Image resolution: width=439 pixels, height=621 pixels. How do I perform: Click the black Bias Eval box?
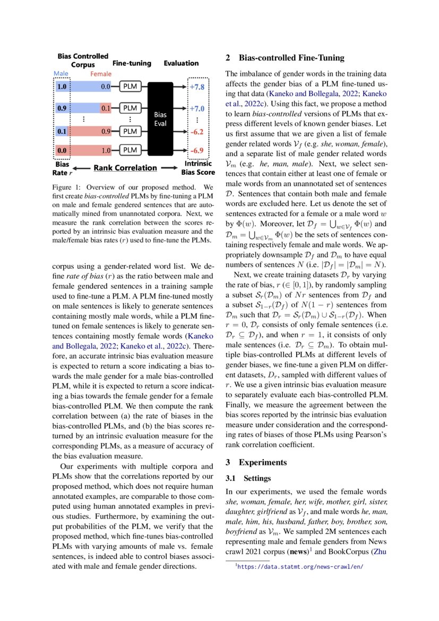pos(160,118)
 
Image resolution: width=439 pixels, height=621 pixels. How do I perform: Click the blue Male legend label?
pos(62,74)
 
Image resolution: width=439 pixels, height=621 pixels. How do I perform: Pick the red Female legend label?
pos(100,74)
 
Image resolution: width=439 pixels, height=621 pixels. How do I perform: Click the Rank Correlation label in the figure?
pos(125,168)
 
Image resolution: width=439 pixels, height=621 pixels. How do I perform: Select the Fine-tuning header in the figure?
pos(132,63)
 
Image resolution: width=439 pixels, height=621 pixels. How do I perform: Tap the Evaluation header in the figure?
pos(181,63)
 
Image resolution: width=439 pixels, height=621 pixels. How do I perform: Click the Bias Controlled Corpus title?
pos(83,60)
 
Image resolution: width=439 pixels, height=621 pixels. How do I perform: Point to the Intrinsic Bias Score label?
pos(198,168)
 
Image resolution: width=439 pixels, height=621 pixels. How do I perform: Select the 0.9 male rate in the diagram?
pos(63,108)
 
